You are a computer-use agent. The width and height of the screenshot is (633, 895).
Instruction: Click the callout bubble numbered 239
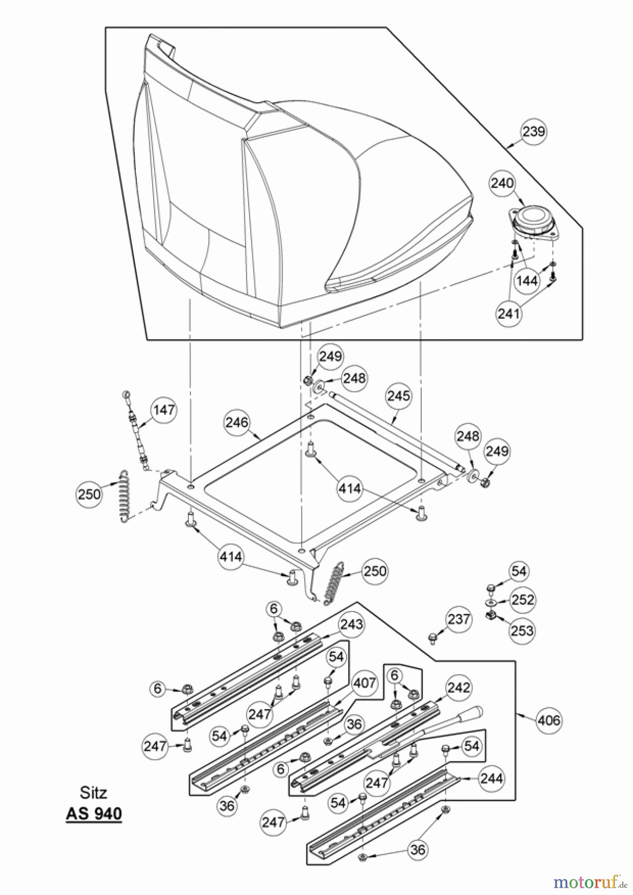click(x=533, y=132)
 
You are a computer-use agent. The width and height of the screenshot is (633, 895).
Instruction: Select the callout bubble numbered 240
click(x=502, y=183)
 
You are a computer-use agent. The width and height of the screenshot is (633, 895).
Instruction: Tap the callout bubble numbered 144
click(x=527, y=280)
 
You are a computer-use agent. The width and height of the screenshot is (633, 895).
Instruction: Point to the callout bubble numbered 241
click(x=509, y=314)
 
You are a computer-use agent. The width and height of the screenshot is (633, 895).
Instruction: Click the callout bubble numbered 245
click(x=399, y=396)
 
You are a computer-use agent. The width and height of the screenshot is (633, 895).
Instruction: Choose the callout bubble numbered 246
click(x=236, y=422)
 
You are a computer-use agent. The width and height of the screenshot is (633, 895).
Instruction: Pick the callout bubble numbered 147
click(x=164, y=410)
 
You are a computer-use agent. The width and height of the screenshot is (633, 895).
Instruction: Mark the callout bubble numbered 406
click(x=549, y=720)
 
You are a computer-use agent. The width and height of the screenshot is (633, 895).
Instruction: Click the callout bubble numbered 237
click(x=458, y=619)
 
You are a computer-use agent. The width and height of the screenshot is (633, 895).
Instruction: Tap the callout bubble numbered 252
click(x=523, y=600)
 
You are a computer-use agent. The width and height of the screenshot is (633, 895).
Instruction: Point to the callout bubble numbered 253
click(x=522, y=630)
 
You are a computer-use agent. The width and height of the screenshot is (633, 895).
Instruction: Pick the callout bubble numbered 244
click(x=491, y=778)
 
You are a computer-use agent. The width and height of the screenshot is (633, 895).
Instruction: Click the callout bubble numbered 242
click(x=458, y=688)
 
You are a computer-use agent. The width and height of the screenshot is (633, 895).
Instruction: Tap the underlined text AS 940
click(x=93, y=813)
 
